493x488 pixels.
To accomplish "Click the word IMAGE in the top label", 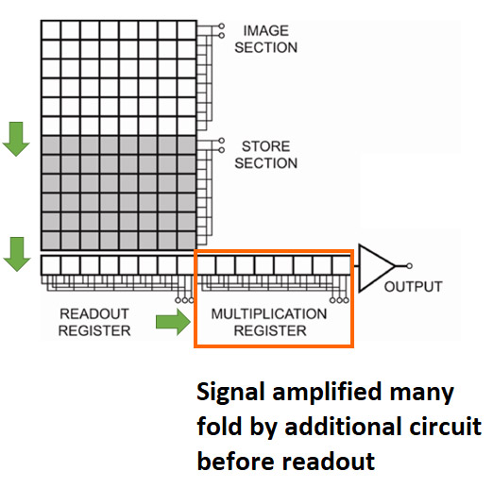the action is point(266,31).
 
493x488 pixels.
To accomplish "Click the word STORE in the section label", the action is point(265,146).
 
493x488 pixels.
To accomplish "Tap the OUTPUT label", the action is point(413,287).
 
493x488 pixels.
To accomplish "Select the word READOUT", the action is point(94,313).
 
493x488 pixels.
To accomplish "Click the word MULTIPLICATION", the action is point(269,314).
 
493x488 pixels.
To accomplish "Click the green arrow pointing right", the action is point(174,322).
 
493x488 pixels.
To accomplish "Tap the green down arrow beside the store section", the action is point(16,139).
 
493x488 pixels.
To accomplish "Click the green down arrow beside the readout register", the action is point(17,254).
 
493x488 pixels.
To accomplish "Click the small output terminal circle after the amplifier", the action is point(409,266).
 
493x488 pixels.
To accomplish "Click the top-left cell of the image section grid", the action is point(51,30).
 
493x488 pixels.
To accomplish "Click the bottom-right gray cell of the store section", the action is point(187,241).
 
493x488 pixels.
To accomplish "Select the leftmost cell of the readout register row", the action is point(51,265).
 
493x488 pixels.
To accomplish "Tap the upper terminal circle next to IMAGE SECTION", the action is point(222,25).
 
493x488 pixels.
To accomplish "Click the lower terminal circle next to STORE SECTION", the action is point(222,150).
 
